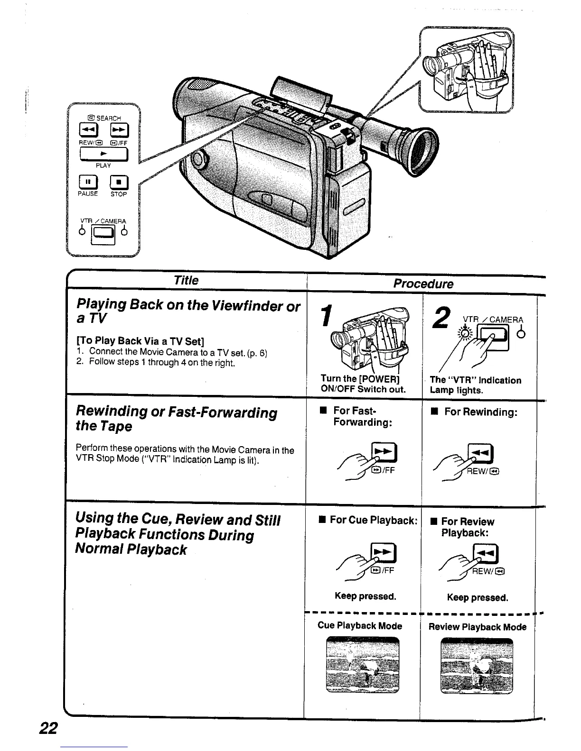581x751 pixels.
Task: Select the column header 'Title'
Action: [186, 280]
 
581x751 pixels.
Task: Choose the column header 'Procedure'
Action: [423, 284]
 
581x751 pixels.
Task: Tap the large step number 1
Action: [326, 316]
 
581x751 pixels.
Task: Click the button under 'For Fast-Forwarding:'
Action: [384, 454]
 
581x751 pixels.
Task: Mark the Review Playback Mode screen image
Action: [477, 666]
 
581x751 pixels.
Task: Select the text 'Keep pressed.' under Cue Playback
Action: [365, 596]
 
